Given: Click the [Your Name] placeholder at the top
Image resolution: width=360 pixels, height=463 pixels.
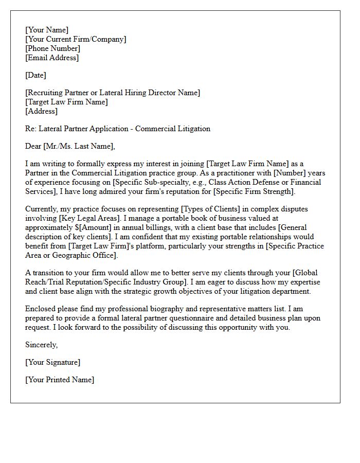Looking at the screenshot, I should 47,30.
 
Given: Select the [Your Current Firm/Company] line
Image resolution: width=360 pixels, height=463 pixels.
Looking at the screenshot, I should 76,39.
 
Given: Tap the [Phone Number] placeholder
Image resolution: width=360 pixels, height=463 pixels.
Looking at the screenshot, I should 52,48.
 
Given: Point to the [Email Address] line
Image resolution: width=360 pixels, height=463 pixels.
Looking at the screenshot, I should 52,58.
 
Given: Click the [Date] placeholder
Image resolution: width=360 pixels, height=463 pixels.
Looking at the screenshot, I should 35,75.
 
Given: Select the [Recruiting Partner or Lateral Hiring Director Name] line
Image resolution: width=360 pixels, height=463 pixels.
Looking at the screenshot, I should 113,93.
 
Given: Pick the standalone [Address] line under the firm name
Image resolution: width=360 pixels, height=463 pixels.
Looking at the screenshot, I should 41,111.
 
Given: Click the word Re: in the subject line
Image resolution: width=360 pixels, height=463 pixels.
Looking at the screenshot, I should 31,129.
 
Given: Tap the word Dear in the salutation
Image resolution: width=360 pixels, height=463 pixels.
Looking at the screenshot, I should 33,146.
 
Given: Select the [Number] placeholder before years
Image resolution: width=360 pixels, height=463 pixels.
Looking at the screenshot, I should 285,173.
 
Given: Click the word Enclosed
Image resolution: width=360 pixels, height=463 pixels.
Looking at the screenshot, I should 41,309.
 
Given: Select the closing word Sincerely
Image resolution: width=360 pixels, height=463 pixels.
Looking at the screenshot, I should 42,345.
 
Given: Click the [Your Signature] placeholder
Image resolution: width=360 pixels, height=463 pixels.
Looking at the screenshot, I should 52,362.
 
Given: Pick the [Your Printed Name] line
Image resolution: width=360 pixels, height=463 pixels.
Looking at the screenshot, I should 60,380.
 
